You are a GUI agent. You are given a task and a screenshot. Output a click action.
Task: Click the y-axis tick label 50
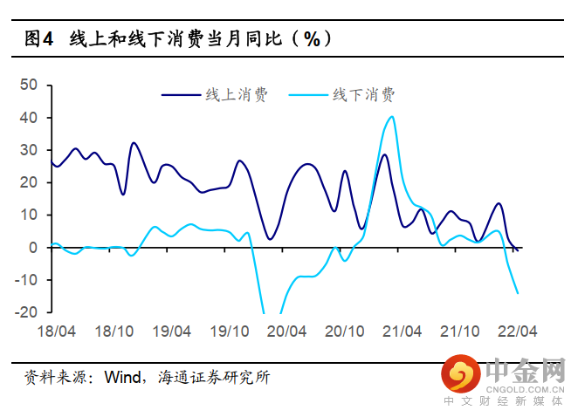30,85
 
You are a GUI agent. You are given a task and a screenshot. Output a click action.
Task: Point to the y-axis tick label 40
30,118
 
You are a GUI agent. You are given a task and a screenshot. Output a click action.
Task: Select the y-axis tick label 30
30,150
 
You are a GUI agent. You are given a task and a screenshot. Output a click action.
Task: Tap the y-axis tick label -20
27,312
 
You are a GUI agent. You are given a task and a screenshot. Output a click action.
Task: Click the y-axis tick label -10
27,280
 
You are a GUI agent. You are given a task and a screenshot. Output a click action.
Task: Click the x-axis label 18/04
56,332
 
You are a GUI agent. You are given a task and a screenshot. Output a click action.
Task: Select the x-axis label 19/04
172,332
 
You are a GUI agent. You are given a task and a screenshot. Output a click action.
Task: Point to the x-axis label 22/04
516,332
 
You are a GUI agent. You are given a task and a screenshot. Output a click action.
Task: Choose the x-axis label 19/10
229,332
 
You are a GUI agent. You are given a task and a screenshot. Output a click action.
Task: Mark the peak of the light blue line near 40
391,117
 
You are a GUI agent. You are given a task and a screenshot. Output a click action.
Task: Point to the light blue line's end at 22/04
518,293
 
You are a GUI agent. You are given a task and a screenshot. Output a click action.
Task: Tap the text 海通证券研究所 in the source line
214,378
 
